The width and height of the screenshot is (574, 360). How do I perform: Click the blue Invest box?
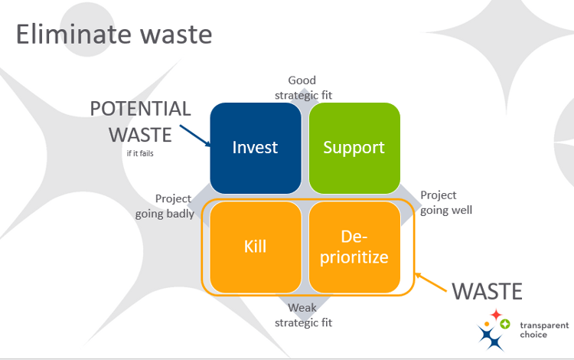(x=255, y=147)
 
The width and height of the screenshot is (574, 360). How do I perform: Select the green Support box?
(x=354, y=147)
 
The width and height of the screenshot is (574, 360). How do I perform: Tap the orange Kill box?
(x=255, y=247)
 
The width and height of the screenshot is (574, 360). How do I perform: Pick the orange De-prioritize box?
(x=354, y=247)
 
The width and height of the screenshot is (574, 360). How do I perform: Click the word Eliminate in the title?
(x=72, y=34)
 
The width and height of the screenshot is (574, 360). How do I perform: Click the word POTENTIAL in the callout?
(x=140, y=109)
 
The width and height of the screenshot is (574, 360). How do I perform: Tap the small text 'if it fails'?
(x=140, y=153)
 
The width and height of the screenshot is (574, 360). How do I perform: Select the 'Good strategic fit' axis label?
(x=302, y=87)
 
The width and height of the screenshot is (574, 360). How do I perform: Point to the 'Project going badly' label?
(x=165, y=206)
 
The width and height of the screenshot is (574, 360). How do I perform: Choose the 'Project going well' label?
(x=445, y=202)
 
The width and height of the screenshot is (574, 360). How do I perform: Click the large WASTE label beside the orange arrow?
(x=487, y=292)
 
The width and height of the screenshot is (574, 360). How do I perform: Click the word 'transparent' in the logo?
(x=544, y=326)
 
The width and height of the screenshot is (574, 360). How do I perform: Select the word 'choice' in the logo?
(x=534, y=335)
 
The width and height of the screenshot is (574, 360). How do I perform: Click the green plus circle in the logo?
(x=505, y=324)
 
